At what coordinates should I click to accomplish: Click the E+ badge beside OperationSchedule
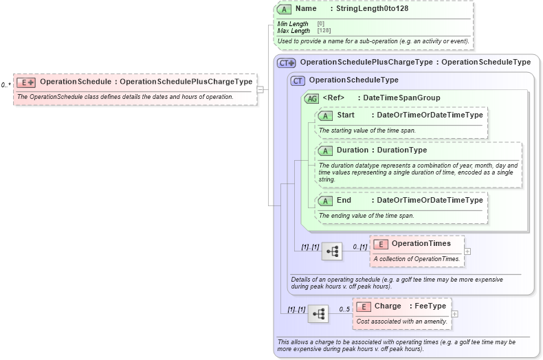coord(26,82)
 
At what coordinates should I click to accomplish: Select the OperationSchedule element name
coord(76,82)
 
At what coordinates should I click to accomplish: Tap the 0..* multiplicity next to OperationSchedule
coord(5,85)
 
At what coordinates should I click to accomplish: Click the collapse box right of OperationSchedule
coord(260,89)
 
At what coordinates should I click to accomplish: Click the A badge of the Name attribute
coord(285,10)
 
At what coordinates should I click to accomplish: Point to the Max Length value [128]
coord(324,31)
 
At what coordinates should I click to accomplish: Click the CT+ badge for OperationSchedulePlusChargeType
coord(286,63)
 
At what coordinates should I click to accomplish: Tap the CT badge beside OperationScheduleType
coord(298,80)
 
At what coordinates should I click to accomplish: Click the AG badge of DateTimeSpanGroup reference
coord(312,98)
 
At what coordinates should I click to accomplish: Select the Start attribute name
coord(345,115)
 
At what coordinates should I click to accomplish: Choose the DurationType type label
coord(401,150)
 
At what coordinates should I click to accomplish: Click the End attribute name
coord(344,200)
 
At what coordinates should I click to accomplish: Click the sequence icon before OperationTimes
coord(333,251)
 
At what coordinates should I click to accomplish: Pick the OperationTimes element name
coord(421,243)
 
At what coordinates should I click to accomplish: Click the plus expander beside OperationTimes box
coord(467,251)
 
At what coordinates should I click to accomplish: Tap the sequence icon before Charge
coord(318,314)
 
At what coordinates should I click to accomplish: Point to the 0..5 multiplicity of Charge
coord(344,309)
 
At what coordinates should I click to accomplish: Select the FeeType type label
coord(430,306)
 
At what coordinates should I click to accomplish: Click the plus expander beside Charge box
coord(454,314)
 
